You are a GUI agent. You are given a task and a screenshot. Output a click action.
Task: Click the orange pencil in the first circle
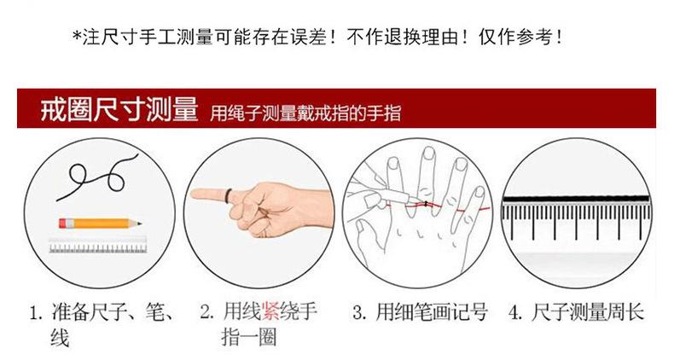[x=100, y=224]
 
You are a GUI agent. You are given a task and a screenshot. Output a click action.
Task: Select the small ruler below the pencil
[x=98, y=247]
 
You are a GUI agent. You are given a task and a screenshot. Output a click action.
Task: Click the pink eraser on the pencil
[x=63, y=224]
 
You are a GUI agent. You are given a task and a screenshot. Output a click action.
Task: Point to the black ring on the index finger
[x=229, y=196]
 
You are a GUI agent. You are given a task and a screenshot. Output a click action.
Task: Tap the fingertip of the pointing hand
[x=194, y=195]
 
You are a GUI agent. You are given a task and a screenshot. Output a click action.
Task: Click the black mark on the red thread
[x=426, y=204]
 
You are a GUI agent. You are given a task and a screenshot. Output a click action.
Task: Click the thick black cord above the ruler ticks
[x=576, y=199]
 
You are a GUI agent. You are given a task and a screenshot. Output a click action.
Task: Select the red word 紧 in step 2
[x=270, y=311]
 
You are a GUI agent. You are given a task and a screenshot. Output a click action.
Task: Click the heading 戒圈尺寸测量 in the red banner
[x=119, y=108]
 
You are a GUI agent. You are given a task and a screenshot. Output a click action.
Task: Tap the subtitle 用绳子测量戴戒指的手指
[x=305, y=113]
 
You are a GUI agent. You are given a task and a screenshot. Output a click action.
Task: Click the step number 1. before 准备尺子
[x=37, y=312]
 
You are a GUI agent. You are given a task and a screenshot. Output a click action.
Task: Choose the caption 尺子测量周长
[x=588, y=312]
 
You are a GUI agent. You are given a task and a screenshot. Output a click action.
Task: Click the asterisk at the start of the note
[x=77, y=36]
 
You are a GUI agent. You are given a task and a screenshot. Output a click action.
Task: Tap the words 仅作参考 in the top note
[x=515, y=37]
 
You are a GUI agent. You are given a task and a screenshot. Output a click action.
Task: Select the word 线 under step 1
[x=60, y=338]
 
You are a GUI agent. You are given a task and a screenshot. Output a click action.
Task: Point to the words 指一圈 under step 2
[x=249, y=338]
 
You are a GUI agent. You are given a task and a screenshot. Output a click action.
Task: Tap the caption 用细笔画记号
[x=432, y=312]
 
